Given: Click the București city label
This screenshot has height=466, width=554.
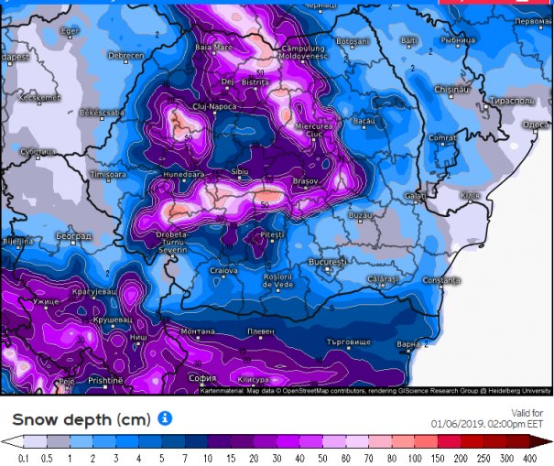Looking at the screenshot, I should pos(327,262).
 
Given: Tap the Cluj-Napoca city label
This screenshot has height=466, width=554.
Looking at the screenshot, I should pos(187,106).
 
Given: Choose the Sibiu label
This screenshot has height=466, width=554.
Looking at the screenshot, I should pos(241,171).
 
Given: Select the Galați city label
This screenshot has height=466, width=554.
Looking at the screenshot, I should pos(414,195).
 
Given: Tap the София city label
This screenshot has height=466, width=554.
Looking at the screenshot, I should pos(203,376).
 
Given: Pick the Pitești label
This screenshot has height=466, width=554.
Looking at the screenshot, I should pos(273,235).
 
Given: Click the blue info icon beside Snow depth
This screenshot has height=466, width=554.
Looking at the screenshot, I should pos(165,417).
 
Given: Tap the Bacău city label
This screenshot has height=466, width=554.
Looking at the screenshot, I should pos(364,121).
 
